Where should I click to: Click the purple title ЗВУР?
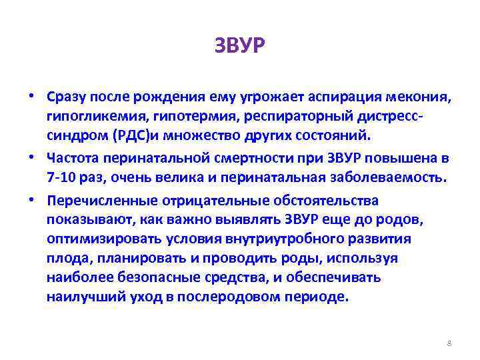[x=241, y=46]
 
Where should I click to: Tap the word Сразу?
[x=65, y=99]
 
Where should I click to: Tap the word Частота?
[x=73, y=159]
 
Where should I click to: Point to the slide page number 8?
[x=448, y=343]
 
